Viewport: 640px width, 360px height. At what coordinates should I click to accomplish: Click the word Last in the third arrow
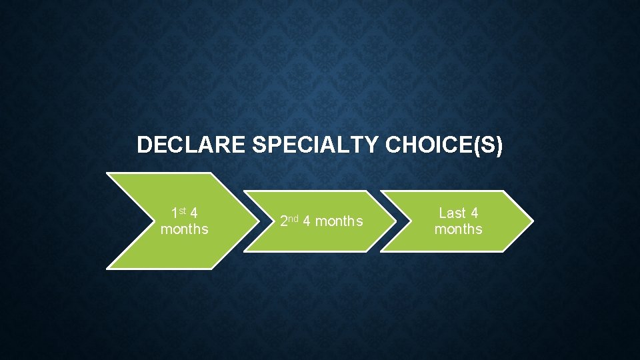point(453,213)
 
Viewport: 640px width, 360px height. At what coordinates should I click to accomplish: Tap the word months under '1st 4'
point(184,229)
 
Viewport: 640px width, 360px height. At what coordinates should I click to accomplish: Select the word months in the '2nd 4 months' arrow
point(339,221)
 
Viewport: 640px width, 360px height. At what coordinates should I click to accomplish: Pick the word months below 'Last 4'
point(458,229)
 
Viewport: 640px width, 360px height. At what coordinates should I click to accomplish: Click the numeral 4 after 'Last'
point(474,213)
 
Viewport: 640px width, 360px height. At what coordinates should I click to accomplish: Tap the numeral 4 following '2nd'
point(307,221)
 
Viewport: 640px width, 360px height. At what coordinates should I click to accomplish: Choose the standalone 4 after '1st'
point(193,213)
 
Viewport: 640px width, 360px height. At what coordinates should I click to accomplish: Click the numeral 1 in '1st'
point(175,214)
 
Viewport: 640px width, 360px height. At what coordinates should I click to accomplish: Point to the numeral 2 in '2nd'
point(283,221)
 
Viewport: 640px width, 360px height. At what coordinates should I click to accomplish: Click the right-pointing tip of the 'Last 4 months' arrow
point(532,221)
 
